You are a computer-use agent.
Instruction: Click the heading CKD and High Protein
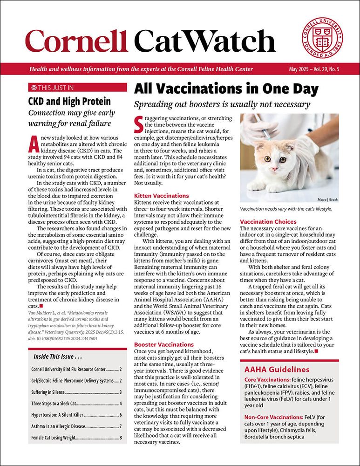coord(69,101)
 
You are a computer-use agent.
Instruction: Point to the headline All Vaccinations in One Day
coord(226,89)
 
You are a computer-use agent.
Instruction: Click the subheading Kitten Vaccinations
coord(161,196)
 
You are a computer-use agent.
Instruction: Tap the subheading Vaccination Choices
coord(268,221)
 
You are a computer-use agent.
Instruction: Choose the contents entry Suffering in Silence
coord(48,392)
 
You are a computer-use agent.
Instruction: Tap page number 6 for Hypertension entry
coord(120,415)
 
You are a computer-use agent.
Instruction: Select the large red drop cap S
coord(138,124)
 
